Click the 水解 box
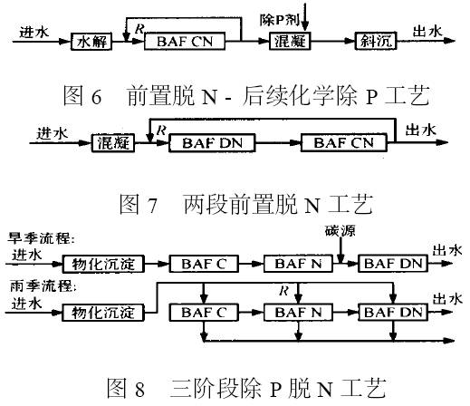click(x=91, y=41)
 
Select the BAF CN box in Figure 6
click(x=185, y=41)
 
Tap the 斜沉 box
click(x=376, y=41)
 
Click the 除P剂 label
click(x=280, y=20)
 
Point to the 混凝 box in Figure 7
click(x=113, y=142)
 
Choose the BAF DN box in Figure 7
click(x=212, y=142)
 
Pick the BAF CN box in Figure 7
click(x=344, y=142)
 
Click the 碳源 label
click(x=341, y=231)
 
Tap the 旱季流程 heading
click(x=42, y=238)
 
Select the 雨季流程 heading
click(x=42, y=285)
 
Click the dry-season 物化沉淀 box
click(x=103, y=264)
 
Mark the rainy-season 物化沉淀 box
click(x=103, y=313)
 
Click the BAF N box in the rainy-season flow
click(x=298, y=312)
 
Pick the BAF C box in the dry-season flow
click(x=204, y=264)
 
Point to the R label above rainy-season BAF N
click(x=284, y=291)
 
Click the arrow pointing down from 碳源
click(x=341, y=251)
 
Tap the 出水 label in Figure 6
click(x=427, y=32)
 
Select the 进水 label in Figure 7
click(x=53, y=134)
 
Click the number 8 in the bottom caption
click(x=139, y=389)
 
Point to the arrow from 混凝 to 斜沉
click(x=332, y=41)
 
